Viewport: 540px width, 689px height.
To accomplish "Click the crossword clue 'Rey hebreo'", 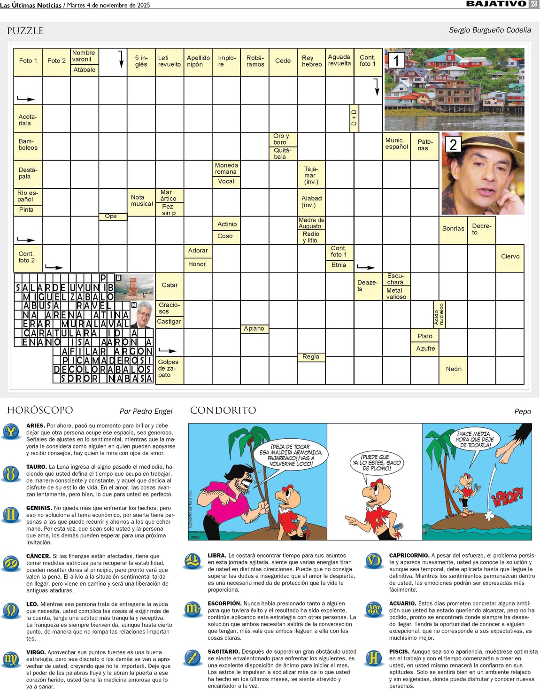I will (x=311, y=62).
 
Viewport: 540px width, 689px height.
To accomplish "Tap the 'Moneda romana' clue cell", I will (x=226, y=169).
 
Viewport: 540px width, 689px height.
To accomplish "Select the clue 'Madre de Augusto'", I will (x=311, y=223).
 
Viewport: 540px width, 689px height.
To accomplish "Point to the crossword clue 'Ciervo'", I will (x=510, y=256).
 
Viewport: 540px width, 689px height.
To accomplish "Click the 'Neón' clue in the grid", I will (x=454, y=369).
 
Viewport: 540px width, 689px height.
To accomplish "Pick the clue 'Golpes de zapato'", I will (x=168, y=369).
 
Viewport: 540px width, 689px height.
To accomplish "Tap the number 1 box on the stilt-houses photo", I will (x=396, y=60).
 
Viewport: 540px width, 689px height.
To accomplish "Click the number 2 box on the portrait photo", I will (x=453, y=144).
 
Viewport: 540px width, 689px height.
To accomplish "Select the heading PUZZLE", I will (x=25, y=31).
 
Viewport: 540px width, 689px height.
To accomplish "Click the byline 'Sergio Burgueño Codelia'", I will (x=490, y=30).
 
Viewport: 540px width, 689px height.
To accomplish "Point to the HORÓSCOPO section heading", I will (x=40, y=410).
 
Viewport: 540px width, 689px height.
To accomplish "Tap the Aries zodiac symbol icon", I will (x=11, y=431).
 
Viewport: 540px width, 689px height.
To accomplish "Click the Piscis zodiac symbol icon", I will (x=374, y=658).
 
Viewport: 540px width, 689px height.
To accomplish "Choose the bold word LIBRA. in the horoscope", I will (x=217, y=556).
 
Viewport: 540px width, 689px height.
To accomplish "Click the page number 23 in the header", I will (x=534, y=4).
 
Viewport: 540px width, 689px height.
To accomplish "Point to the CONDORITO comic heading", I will (x=223, y=410).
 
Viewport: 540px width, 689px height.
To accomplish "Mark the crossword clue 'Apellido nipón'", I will (x=198, y=62).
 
